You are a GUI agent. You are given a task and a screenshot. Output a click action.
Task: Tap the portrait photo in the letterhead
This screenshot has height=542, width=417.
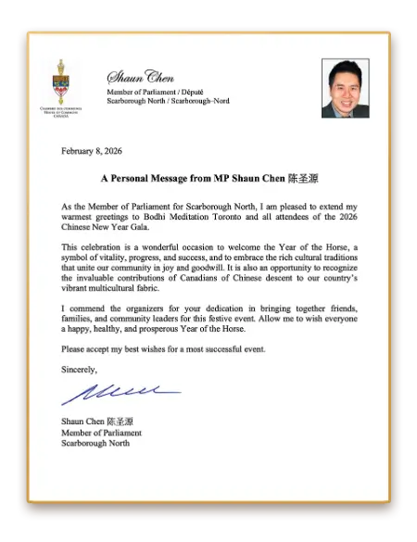pos(345,88)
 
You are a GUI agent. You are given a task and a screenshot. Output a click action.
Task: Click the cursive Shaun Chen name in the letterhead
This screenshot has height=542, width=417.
pos(140,77)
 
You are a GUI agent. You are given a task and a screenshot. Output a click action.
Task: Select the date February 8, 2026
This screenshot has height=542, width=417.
pos(92,150)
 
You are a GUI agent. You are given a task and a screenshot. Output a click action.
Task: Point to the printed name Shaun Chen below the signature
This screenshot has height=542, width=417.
pos(81,422)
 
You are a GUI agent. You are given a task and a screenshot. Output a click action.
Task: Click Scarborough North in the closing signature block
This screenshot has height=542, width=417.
pos(95,443)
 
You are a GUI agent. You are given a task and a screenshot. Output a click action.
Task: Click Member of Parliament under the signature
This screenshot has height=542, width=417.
pos(101,433)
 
